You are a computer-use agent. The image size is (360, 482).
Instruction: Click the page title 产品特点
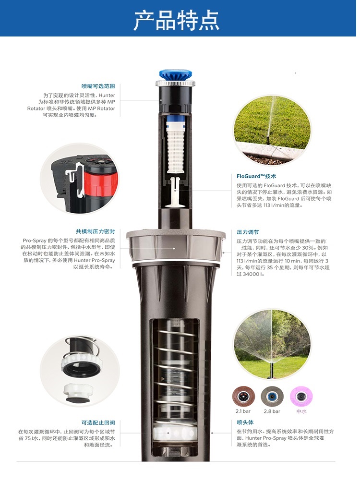pos(177,20)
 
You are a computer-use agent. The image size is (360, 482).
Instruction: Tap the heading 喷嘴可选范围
pos(98,86)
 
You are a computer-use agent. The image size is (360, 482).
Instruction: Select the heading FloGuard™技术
pos(256,176)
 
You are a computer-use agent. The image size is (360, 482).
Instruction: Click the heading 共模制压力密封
pos(96,231)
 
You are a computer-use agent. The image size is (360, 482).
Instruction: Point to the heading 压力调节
pos(248,232)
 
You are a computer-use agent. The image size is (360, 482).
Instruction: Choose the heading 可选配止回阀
pos(98,422)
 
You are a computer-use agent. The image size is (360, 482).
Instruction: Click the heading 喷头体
pos(245,422)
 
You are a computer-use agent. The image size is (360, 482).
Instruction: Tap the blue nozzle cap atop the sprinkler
pos(176,74)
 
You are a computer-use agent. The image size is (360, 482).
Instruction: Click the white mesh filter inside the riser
pos(175,147)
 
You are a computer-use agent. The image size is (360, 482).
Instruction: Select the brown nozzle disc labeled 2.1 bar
pos(243,397)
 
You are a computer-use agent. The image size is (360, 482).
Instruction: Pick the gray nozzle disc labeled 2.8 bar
pos(272,397)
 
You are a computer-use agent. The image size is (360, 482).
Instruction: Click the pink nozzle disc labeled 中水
pos(301,397)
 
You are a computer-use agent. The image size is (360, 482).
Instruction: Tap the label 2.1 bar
pos(243,411)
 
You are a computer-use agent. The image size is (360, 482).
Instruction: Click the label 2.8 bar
pos(272,411)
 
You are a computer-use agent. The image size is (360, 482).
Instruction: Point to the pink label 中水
pos(301,411)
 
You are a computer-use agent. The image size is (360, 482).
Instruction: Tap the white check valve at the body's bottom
pos(175,433)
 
